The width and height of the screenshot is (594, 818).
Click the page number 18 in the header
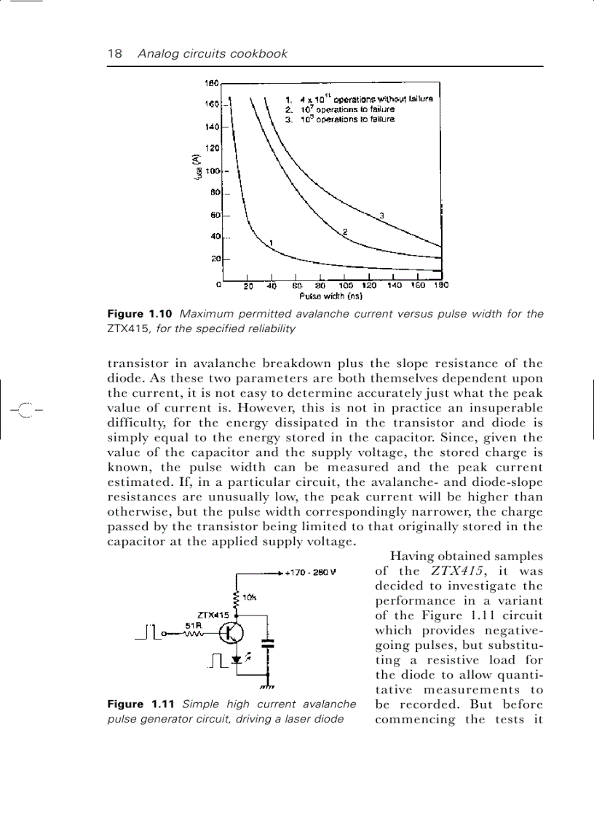[x=114, y=54]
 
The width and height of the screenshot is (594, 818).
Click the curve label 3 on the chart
[x=381, y=214]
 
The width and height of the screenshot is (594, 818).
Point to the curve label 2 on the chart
[x=345, y=231]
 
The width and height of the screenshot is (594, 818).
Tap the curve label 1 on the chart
[x=271, y=242]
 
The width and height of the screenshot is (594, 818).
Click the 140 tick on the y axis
[x=212, y=126]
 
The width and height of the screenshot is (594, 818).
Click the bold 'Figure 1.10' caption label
[x=139, y=314]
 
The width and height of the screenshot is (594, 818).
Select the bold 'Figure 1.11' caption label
[x=139, y=704]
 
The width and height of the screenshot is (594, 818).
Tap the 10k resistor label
[x=249, y=597]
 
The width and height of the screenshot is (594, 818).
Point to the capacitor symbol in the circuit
[x=269, y=643]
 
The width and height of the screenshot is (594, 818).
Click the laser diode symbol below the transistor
[x=237, y=659]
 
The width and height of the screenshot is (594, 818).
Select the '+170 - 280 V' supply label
[x=310, y=572]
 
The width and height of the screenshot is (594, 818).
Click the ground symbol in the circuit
[x=266, y=686]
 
